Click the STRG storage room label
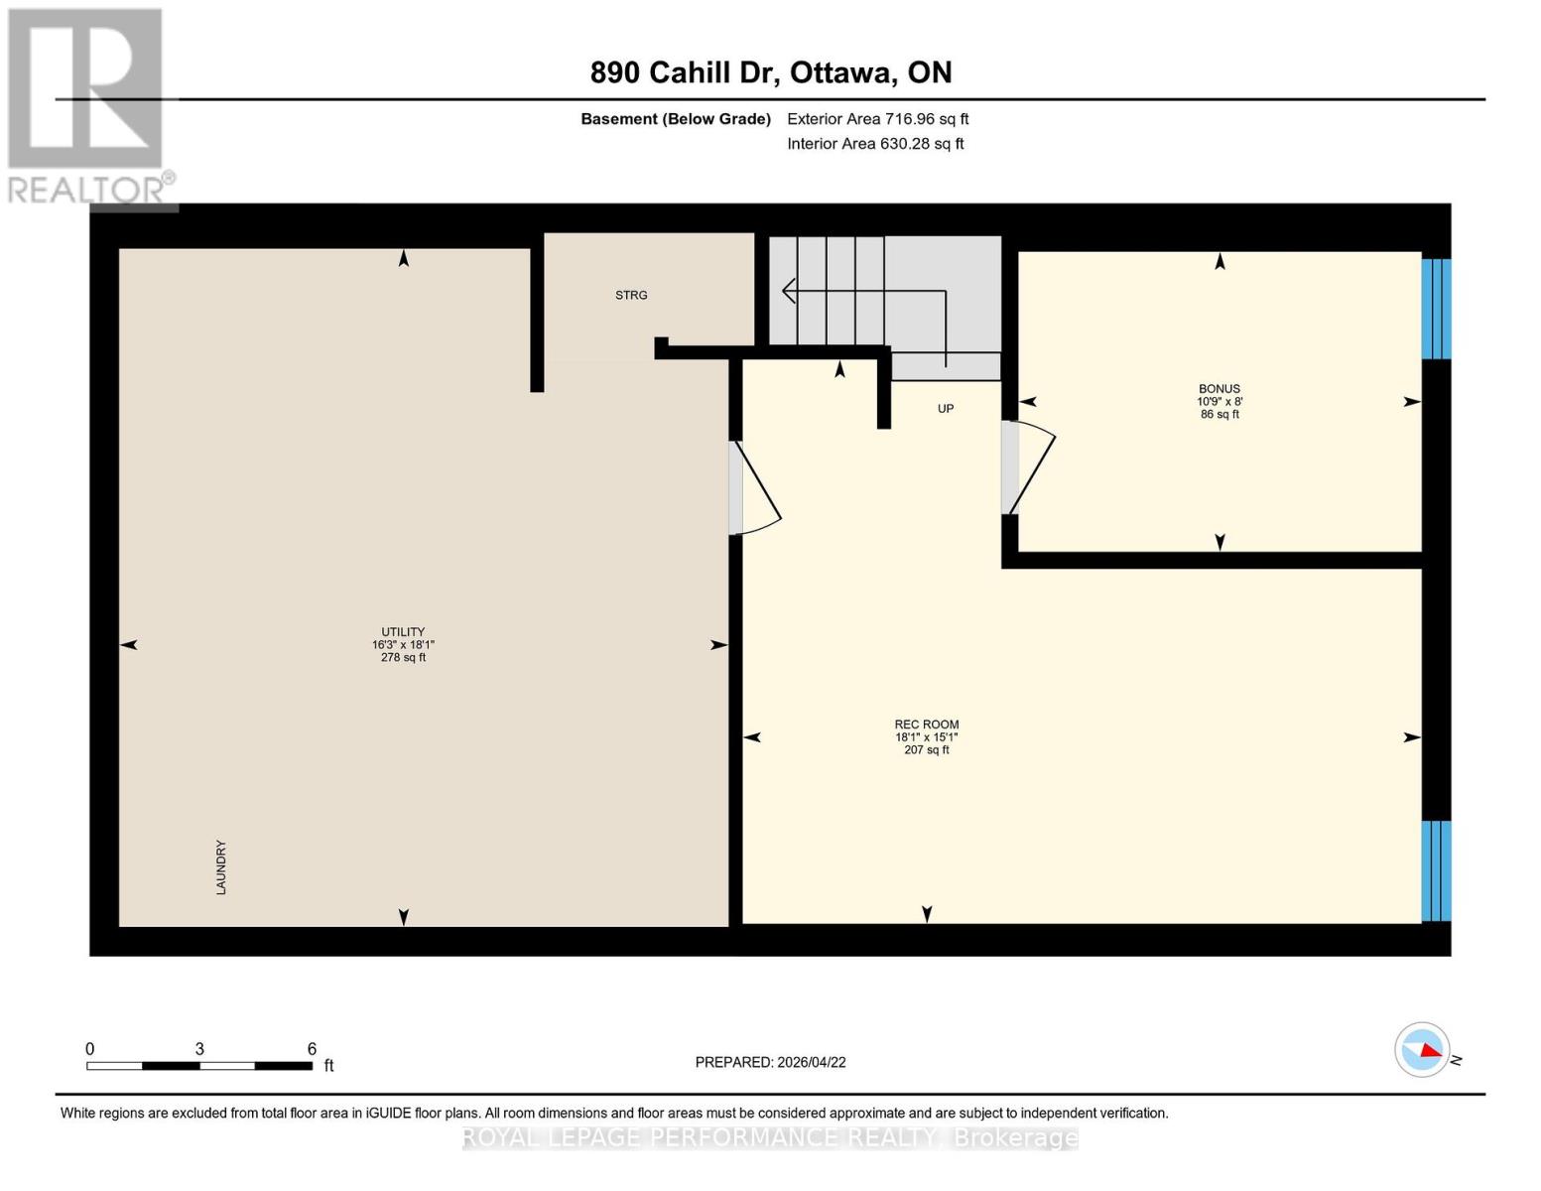click(x=631, y=295)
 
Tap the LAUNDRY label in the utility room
click(x=221, y=867)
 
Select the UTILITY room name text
click(x=403, y=632)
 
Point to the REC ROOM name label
click(x=927, y=725)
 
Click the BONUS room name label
click(x=1220, y=389)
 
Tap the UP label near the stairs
click(x=946, y=408)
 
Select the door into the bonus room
click(x=1026, y=466)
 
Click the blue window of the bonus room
click(x=1436, y=308)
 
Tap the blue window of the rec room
click(x=1436, y=870)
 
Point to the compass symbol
click(x=1423, y=1049)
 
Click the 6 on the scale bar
click(x=312, y=1049)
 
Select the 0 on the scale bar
click(x=90, y=1049)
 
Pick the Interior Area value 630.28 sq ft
click(x=922, y=144)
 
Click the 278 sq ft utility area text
click(x=403, y=657)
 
